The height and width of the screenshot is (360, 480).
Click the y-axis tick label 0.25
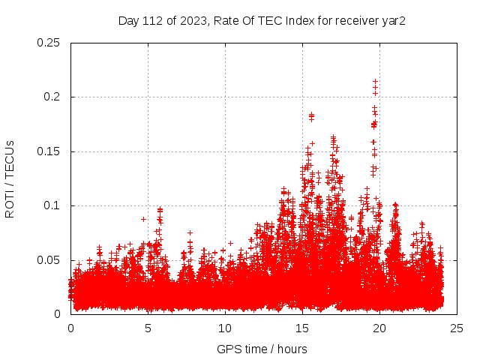49,43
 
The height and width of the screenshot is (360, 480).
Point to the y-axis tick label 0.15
49,151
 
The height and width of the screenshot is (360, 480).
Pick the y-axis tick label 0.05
49,260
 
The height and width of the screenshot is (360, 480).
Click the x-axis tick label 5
148,328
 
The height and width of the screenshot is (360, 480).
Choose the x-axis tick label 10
225,328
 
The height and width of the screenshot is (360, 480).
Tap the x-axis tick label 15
302,328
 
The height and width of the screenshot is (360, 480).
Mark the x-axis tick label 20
379,328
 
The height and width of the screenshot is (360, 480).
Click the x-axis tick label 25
457,328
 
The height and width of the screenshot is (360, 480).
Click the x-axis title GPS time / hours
262,349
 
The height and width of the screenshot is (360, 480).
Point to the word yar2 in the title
394,20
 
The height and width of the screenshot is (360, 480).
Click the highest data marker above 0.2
375,81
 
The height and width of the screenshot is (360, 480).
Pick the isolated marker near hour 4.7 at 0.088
143,219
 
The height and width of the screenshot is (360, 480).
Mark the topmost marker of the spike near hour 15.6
311,115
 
